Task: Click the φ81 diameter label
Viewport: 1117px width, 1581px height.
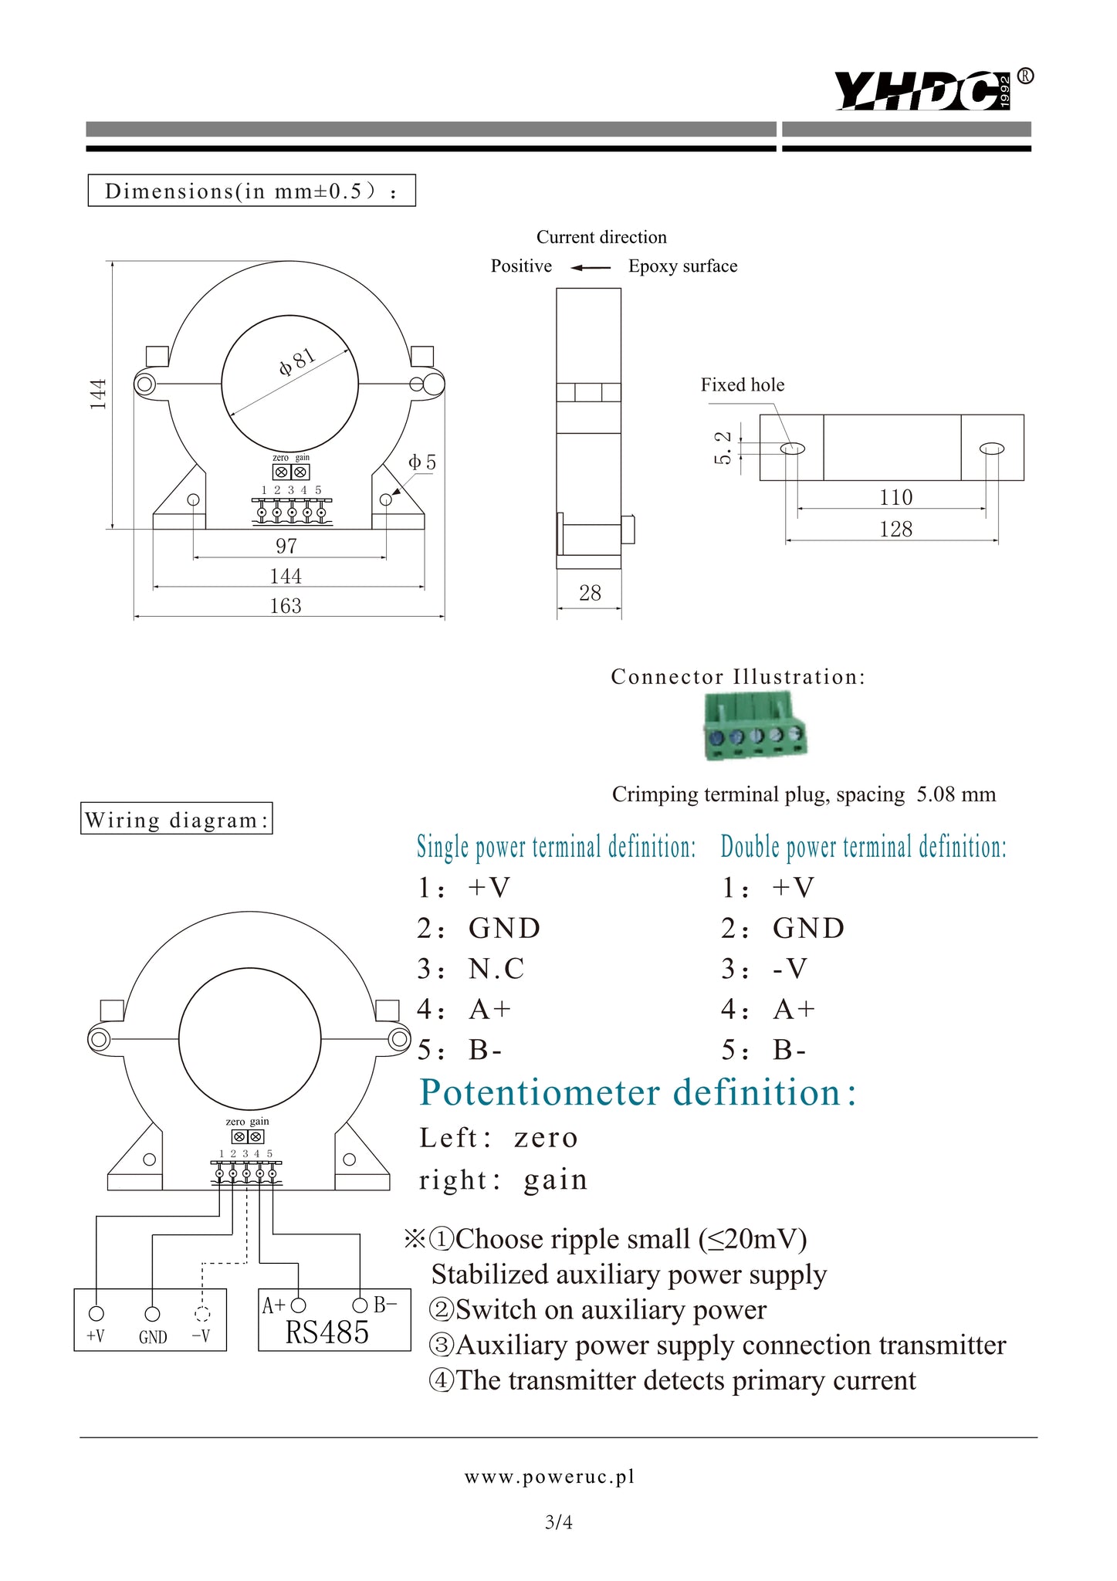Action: click(x=297, y=361)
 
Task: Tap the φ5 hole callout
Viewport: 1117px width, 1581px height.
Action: click(x=422, y=462)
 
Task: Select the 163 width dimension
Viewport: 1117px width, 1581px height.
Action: click(x=286, y=606)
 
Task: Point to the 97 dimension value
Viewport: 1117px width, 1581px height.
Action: click(x=286, y=546)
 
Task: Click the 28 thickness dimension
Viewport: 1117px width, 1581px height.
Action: click(x=590, y=593)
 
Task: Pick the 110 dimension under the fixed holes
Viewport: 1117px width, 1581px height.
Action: click(x=895, y=497)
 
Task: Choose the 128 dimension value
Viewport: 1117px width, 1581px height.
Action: click(x=895, y=529)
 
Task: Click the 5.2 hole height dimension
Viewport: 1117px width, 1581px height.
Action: click(x=723, y=448)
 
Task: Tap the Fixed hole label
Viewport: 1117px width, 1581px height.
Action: click(x=743, y=384)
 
